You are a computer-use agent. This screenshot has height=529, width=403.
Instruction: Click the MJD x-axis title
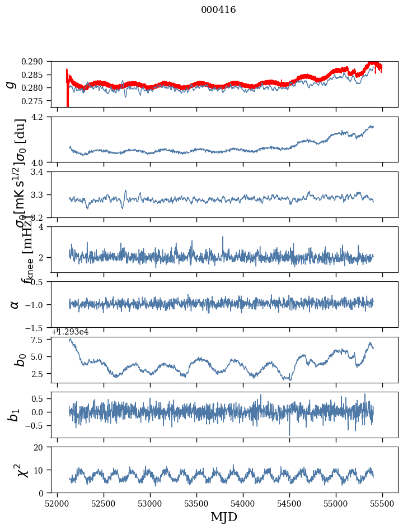[224, 518]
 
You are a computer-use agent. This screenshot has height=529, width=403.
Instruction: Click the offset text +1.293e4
[70, 332]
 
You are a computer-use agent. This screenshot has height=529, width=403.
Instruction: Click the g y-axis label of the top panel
[10, 84]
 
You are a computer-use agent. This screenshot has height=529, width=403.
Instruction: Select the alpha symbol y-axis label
[15, 304]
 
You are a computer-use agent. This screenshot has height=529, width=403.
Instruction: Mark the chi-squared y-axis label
[15, 470]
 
